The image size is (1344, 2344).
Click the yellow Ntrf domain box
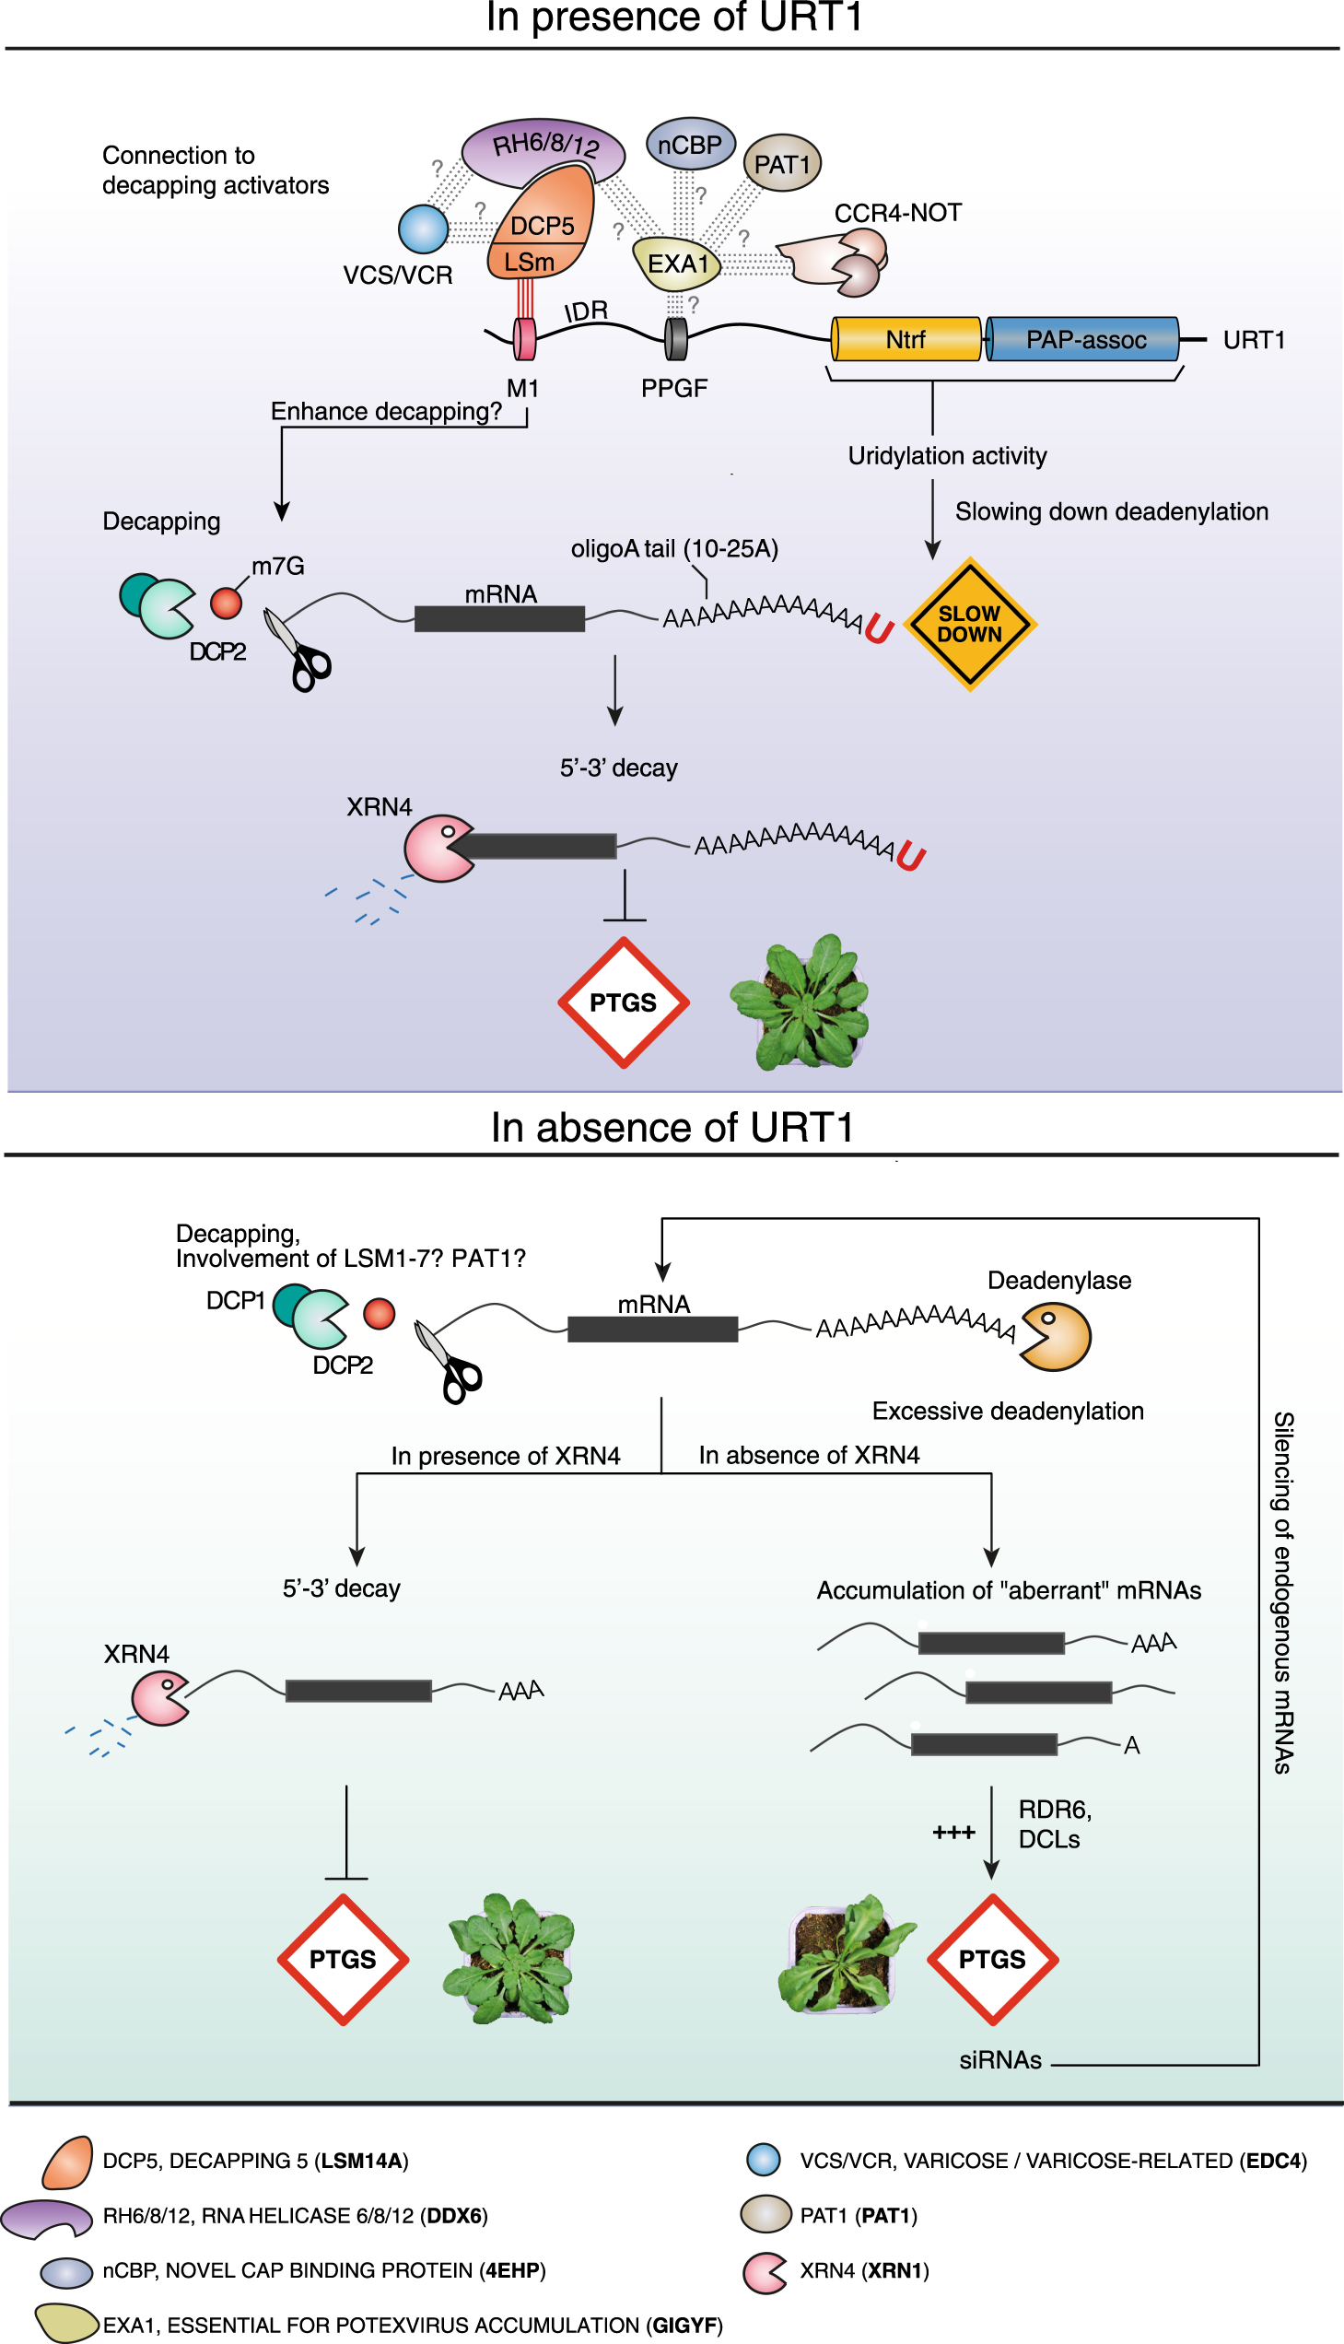click(906, 339)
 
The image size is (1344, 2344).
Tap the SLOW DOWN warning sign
click(969, 624)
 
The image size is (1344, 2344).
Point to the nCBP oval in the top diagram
click(690, 144)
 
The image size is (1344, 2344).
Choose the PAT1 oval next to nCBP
click(782, 163)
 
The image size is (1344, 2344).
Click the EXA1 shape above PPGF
click(677, 264)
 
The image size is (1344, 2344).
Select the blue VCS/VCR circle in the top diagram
click(423, 229)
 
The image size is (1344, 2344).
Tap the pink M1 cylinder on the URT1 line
click(524, 338)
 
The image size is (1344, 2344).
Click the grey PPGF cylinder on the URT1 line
click(676, 339)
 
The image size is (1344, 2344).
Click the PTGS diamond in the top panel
click(623, 1002)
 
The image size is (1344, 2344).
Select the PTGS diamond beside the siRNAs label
click(991, 1959)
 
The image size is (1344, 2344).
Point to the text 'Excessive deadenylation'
click(1007, 1411)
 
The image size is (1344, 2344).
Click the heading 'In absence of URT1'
click(672, 1127)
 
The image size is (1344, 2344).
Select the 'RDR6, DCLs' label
click(1054, 1823)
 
